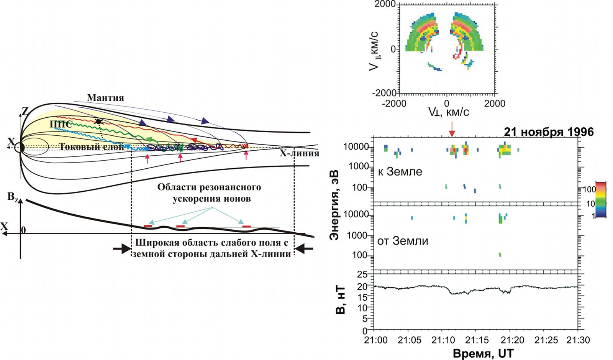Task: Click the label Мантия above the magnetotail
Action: [105, 98]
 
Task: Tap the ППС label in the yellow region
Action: [61, 124]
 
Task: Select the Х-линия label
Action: [299, 153]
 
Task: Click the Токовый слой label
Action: [91, 146]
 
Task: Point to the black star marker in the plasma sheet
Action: [99, 122]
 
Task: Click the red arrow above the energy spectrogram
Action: [452, 129]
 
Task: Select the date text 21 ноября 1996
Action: [548, 132]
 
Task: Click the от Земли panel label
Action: [403, 241]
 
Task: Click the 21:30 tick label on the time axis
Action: [578, 340]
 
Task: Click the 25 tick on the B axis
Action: [362, 275]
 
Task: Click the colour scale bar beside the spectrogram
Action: [601, 199]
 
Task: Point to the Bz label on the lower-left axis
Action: [13, 197]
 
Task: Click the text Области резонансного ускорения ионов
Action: [210, 193]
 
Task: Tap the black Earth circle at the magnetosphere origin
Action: [19, 147]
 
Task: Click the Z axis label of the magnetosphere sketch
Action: [25, 111]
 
